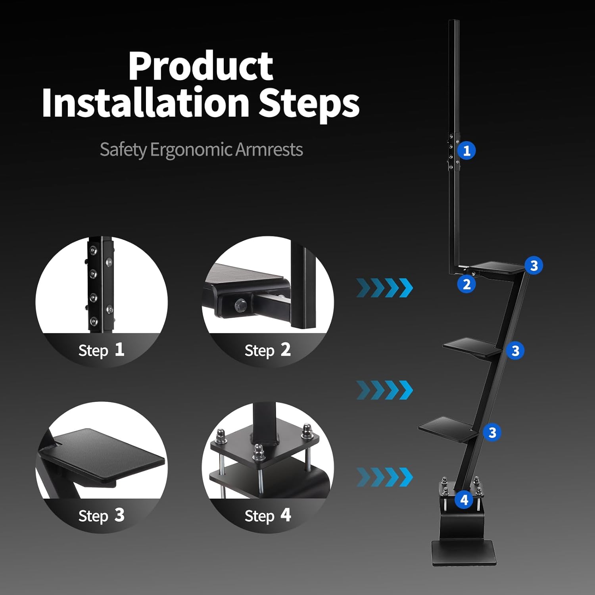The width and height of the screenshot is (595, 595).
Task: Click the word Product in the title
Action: (x=200, y=66)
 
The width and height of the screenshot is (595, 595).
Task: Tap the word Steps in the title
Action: (x=309, y=103)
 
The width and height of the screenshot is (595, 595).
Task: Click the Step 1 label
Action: (x=102, y=350)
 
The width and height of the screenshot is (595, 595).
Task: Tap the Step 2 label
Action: (x=268, y=350)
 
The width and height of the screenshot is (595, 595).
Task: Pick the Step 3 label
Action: (x=102, y=516)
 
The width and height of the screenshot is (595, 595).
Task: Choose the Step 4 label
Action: (x=268, y=516)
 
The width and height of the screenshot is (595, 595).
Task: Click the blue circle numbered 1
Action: (x=466, y=151)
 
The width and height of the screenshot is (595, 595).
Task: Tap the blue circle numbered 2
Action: (x=466, y=284)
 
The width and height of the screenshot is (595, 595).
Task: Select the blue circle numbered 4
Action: (x=464, y=500)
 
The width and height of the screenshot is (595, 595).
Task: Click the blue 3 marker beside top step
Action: (x=534, y=265)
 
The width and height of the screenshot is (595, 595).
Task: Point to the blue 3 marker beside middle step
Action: (x=515, y=351)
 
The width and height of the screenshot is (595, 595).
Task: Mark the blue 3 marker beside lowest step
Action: (x=492, y=432)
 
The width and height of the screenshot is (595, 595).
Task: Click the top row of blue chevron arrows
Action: (x=384, y=288)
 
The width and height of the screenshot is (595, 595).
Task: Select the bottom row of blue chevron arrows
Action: (x=384, y=477)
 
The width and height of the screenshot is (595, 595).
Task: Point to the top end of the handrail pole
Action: (x=454, y=23)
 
